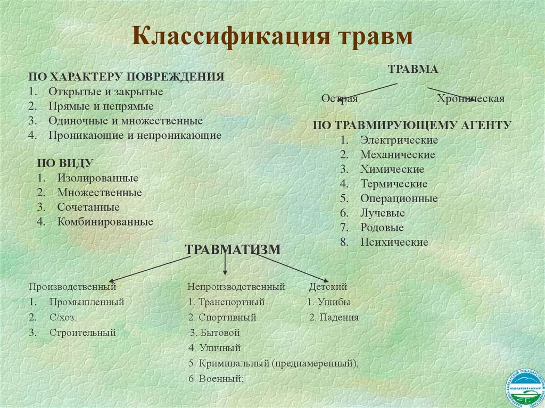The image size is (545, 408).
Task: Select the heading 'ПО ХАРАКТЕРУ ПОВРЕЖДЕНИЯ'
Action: (126, 77)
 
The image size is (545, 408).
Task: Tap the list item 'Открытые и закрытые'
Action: (105, 91)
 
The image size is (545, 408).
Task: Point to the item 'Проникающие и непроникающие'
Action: (135, 135)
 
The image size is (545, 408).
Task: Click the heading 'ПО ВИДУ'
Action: (65, 163)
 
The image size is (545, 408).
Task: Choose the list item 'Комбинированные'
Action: (105, 222)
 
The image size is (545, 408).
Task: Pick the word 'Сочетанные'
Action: (89, 207)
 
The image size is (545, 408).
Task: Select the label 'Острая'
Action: (340, 99)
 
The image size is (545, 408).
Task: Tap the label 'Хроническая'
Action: (470, 99)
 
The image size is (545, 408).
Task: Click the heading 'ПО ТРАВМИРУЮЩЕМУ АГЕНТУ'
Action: (412, 126)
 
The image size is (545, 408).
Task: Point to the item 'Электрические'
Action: (399, 140)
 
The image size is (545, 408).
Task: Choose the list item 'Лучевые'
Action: (382, 213)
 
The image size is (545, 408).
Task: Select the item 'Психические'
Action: (394, 242)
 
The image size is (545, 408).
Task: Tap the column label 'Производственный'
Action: (72, 287)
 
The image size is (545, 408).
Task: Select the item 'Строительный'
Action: (82, 333)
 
